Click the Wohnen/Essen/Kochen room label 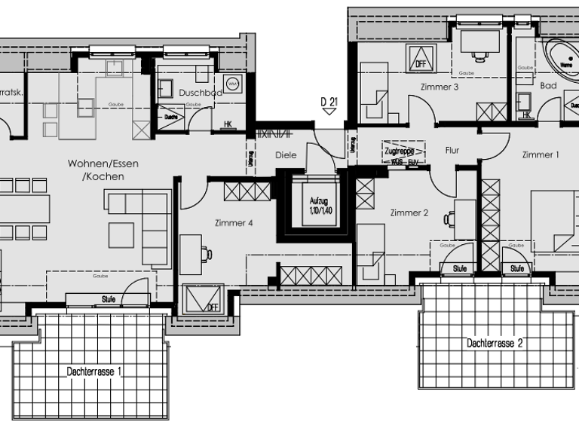pyautogui.click(x=103, y=170)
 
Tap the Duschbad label pyautogui.click(x=201, y=93)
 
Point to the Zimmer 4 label pyautogui.click(x=234, y=223)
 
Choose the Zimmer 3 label pyautogui.click(x=440, y=87)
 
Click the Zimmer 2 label pyautogui.click(x=409, y=213)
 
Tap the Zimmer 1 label pyautogui.click(x=541, y=154)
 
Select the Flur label pyautogui.click(x=452, y=151)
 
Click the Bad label pyautogui.click(x=548, y=86)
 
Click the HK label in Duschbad pyautogui.click(x=228, y=124)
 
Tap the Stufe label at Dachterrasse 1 pyautogui.click(x=109, y=299)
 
